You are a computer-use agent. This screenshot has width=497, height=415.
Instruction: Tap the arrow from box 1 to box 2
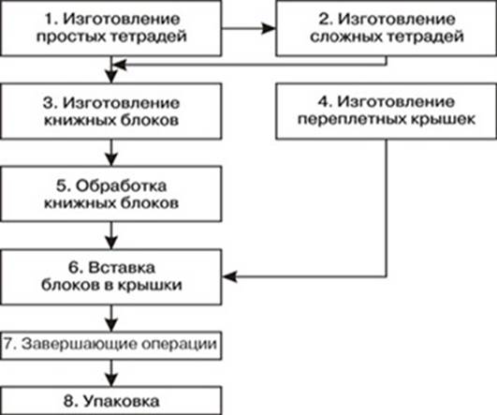pos(248,28)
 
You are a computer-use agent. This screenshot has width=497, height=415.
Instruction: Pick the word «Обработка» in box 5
pos(121,185)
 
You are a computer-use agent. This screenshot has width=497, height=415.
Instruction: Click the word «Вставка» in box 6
pos(122,268)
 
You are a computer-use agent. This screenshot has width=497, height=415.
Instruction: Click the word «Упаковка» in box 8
pos(122,402)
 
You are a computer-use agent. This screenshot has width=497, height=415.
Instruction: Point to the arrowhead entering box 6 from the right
pos(229,276)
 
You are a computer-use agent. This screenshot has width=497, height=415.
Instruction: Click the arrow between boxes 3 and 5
pos(111,153)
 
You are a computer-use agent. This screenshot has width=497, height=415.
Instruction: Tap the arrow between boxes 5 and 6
pos(111,235)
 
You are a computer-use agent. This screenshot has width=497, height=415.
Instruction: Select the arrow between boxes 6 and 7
pos(111,319)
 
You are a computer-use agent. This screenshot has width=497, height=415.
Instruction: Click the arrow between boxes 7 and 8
pos(111,373)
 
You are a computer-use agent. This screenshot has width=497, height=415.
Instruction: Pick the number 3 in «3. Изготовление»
pos(49,103)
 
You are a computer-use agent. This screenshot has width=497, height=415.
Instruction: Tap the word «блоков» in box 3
pos(149,120)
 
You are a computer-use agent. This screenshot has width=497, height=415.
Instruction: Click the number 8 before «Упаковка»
pos(69,401)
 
